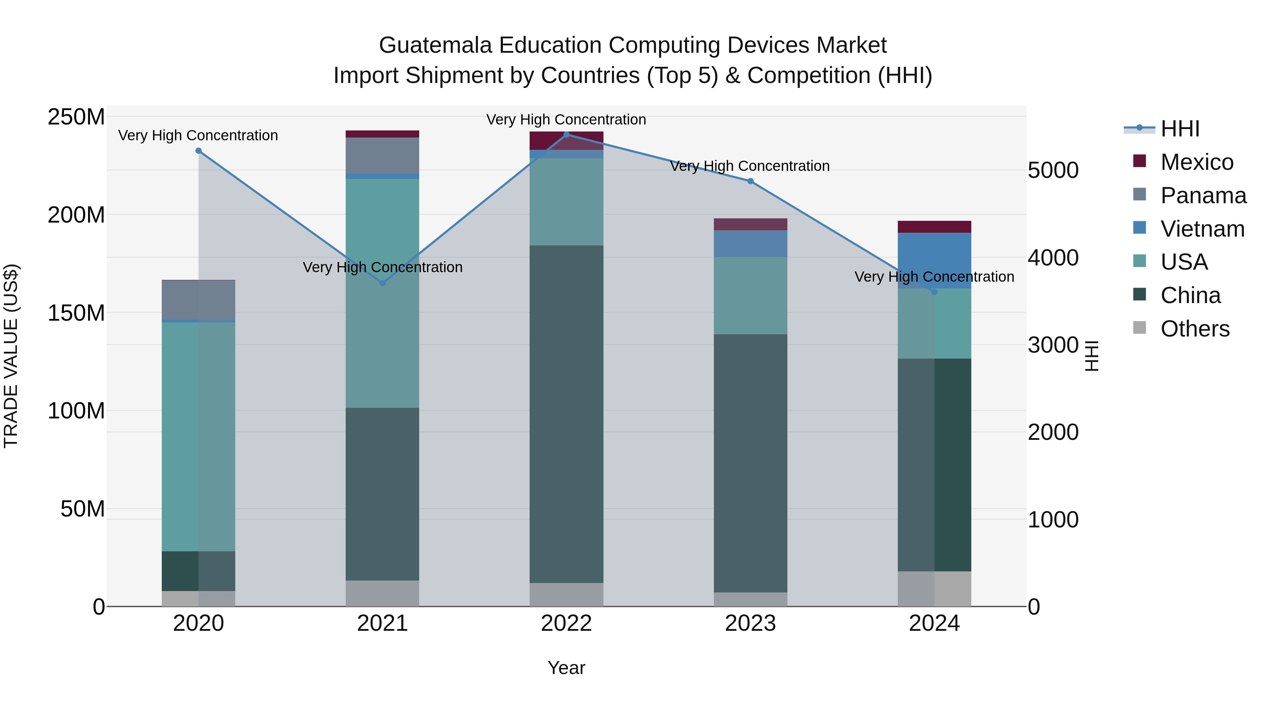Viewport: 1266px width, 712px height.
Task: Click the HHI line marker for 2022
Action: pos(566,134)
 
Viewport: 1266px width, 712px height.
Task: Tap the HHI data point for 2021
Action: pos(382,283)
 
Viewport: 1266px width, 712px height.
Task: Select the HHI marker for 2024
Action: pos(934,292)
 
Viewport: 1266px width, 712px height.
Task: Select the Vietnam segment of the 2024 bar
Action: pos(934,261)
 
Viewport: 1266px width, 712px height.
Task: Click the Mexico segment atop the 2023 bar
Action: pos(750,224)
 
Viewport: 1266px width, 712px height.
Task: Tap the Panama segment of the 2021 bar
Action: pos(382,155)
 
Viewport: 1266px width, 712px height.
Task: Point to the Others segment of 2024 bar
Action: pos(934,588)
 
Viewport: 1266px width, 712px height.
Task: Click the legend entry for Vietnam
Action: pos(1202,229)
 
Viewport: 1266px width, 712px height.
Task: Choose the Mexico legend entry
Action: pos(1196,162)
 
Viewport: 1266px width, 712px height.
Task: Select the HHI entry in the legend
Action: pos(1179,129)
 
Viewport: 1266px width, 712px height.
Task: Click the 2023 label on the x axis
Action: pos(750,623)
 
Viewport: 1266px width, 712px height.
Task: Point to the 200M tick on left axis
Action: pos(76,215)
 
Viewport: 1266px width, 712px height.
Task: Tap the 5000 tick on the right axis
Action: pos(1053,171)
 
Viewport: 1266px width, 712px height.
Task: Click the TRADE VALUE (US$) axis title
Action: pos(11,356)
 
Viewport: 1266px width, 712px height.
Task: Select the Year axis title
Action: pos(566,668)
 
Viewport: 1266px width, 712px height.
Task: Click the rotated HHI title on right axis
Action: pos(1092,356)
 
